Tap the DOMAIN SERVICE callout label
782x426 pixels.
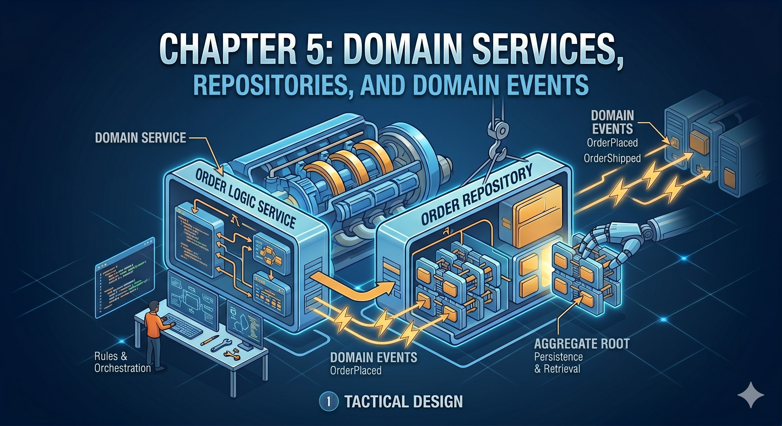[x=140, y=138]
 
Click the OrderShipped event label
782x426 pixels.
[x=612, y=158]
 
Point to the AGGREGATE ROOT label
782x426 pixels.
[x=582, y=344]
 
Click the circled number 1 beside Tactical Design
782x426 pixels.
[x=329, y=402]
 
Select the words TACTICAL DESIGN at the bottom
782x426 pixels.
[x=403, y=402]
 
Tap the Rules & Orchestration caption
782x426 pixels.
[x=122, y=362]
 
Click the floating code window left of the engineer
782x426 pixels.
[x=125, y=277]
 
